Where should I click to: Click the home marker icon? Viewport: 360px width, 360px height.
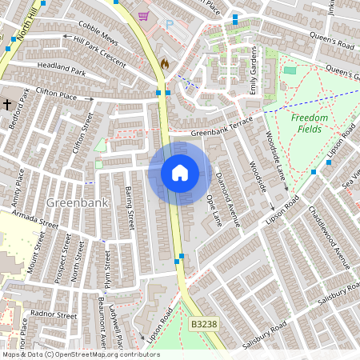180,172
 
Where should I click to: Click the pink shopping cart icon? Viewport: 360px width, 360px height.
143,17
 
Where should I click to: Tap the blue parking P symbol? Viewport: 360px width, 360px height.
170,24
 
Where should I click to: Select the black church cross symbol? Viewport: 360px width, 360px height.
7,104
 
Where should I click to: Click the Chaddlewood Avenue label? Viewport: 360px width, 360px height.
328,240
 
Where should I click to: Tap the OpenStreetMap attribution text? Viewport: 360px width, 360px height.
80,354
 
